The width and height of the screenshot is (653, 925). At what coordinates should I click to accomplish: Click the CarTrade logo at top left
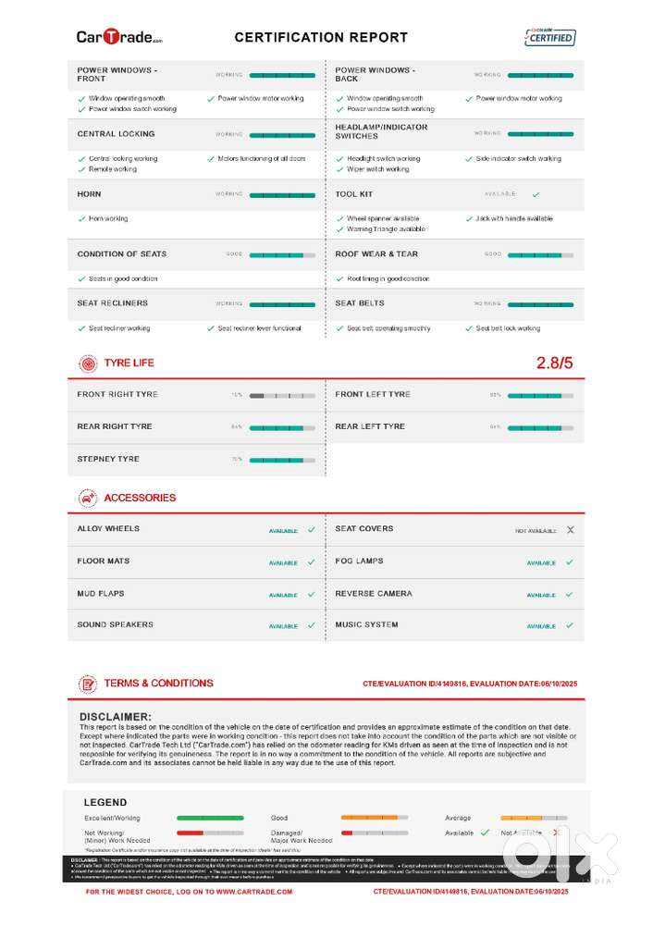click(x=119, y=37)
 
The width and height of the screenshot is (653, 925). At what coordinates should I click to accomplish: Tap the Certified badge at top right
click(x=549, y=37)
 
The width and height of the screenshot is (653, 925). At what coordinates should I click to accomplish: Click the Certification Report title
click(x=321, y=38)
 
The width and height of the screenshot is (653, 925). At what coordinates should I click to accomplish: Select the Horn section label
click(x=90, y=194)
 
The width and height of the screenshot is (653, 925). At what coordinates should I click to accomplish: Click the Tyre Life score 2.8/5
click(x=555, y=363)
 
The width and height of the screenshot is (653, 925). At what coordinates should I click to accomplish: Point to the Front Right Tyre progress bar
click(x=282, y=395)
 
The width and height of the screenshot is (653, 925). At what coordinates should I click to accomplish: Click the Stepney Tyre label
click(x=108, y=459)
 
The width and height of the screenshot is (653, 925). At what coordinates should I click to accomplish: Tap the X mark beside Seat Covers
click(x=570, y=530)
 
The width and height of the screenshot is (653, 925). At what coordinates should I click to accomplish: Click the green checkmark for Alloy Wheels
click(x=311, y=530)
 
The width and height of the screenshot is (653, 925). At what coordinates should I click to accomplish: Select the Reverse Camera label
click(x=374, y=593)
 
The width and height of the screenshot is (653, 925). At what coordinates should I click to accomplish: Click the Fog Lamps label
click(x=359, y=561)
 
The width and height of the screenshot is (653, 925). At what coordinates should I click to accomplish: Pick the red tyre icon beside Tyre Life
click(x=88, y=364)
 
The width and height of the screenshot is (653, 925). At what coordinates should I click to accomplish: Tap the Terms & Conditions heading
click(x=158, y=684)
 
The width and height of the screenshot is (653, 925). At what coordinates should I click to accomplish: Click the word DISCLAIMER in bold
click(x=116, y=717)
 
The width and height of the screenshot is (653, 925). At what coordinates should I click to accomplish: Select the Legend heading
click(x=105, y=802)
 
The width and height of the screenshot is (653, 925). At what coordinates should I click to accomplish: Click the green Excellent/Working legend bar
click(x=210, y=818)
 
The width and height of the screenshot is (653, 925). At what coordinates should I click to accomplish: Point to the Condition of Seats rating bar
click(x=282, y=254)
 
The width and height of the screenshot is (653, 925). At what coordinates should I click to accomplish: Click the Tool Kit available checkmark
click(x=536, y=195)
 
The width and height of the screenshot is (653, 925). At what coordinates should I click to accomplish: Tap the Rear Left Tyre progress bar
click(x=540, y=427)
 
